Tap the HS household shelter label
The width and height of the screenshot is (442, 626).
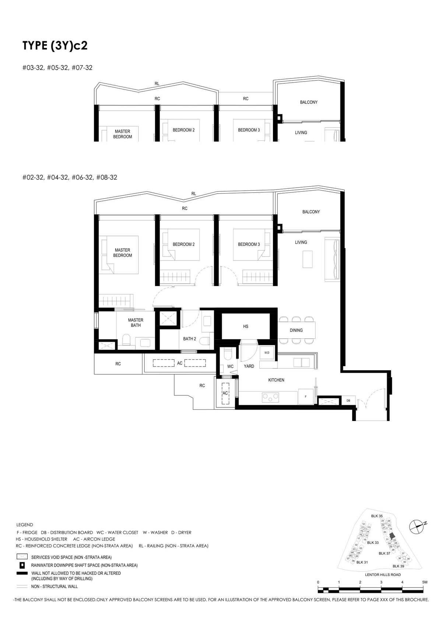(246, 326)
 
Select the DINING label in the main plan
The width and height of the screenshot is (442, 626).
(296, 330)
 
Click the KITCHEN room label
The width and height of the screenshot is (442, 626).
(276, 380)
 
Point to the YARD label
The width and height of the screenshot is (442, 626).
(249, 366)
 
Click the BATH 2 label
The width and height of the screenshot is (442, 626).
(190, 339)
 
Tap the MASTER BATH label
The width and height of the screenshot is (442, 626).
(136, 323)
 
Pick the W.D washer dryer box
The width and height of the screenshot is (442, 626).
(267, 353)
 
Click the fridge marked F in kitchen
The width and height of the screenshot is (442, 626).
(305, 397)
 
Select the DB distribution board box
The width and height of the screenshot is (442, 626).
(348, 401)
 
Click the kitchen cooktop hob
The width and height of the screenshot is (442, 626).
(270, 397)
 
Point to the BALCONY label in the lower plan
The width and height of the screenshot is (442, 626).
(311, 212)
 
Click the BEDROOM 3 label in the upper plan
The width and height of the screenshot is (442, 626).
(249, 130)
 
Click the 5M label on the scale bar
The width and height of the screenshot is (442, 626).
(425, 582)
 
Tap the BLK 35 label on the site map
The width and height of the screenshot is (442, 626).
(377, 516)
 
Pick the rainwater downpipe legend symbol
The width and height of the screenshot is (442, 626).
(22, 565)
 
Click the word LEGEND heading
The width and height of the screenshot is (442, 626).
(25, 525)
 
